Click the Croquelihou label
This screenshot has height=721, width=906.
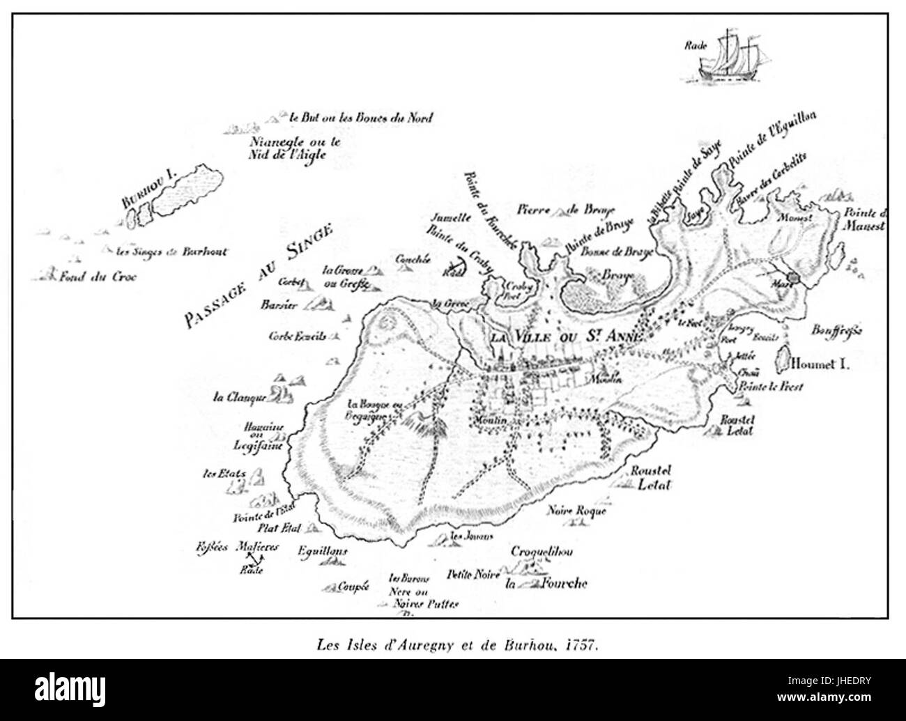542,552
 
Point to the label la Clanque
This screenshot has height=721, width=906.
238,398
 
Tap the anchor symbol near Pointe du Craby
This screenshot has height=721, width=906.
454,265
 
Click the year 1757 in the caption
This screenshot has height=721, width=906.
583,646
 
